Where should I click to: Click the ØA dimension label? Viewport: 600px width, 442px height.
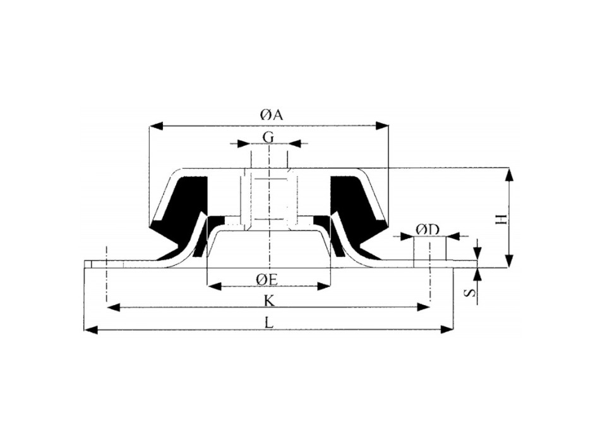tap(272, 114)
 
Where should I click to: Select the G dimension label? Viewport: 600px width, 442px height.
tap(268, 136)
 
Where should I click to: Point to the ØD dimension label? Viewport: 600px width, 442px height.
tap(428, 230)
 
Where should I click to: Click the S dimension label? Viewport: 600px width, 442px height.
tap(471, 293)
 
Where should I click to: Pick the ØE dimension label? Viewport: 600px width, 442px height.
tap(267, 280)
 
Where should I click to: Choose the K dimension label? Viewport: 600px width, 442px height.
tap(270, 302)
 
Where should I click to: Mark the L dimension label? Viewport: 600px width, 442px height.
tap(270, 323)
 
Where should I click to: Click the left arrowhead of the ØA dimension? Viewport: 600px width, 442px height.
tap(156, 126)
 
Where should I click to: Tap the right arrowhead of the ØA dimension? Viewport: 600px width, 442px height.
tap(382, 126)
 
